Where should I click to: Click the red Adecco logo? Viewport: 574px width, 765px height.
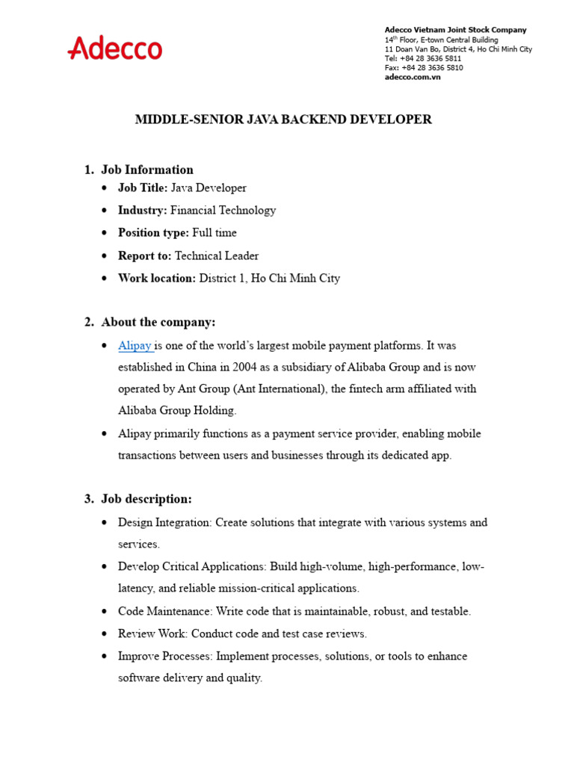tap(114, 49)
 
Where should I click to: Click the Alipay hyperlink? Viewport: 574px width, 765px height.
tap(135, 346)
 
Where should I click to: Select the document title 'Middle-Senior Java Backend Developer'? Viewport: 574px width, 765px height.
tap(283, 120)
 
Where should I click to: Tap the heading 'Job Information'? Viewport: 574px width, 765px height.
tap(147, 170)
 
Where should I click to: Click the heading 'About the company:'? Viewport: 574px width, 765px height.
tap(158, 322)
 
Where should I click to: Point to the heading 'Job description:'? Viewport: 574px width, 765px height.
tap(146, 498)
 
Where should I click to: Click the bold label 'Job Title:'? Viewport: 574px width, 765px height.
tap(143, 188)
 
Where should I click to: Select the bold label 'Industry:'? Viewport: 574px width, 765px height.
tap(142, 211)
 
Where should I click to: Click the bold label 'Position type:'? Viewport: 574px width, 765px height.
tap(153, 233)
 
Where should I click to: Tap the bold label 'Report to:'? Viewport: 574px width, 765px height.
tap(144, 255)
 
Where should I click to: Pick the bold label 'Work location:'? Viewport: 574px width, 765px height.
tap(156, 278)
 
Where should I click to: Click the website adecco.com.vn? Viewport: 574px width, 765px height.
tap(413, 77)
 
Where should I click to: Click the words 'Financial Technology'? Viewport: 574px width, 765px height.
tap(223, 211)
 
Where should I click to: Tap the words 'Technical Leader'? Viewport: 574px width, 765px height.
tap(217, 255)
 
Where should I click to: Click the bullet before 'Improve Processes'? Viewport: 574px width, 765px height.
tap(104, 657)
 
